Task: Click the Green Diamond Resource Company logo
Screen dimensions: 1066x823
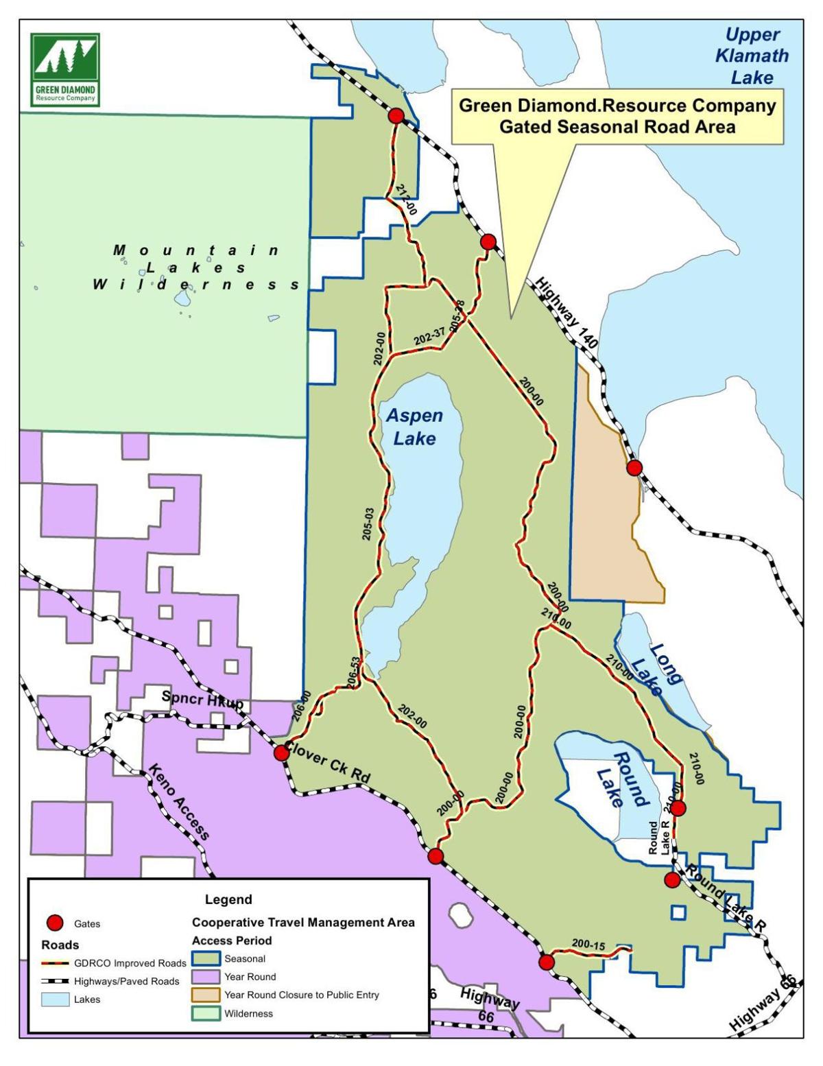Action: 65,69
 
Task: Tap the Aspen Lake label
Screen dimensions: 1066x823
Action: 414,427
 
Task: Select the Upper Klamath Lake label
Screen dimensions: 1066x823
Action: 752,56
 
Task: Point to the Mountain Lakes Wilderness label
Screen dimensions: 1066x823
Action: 197,267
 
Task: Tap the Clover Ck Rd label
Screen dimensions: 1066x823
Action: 328,762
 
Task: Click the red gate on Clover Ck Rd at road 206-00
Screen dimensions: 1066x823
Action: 281,753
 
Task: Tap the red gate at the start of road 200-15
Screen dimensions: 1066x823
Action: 546,962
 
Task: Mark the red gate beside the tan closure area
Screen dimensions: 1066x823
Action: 634,468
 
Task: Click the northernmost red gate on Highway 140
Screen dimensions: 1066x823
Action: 396,116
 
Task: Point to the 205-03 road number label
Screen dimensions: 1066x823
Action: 368,524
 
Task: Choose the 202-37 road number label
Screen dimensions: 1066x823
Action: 429,336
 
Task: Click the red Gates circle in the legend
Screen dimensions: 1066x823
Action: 56,923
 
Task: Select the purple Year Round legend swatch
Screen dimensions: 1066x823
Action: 206,977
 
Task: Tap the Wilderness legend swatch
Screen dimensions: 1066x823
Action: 206,1013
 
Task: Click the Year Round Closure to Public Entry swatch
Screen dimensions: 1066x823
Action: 206,995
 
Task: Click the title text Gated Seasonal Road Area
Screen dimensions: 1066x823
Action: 617,127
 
